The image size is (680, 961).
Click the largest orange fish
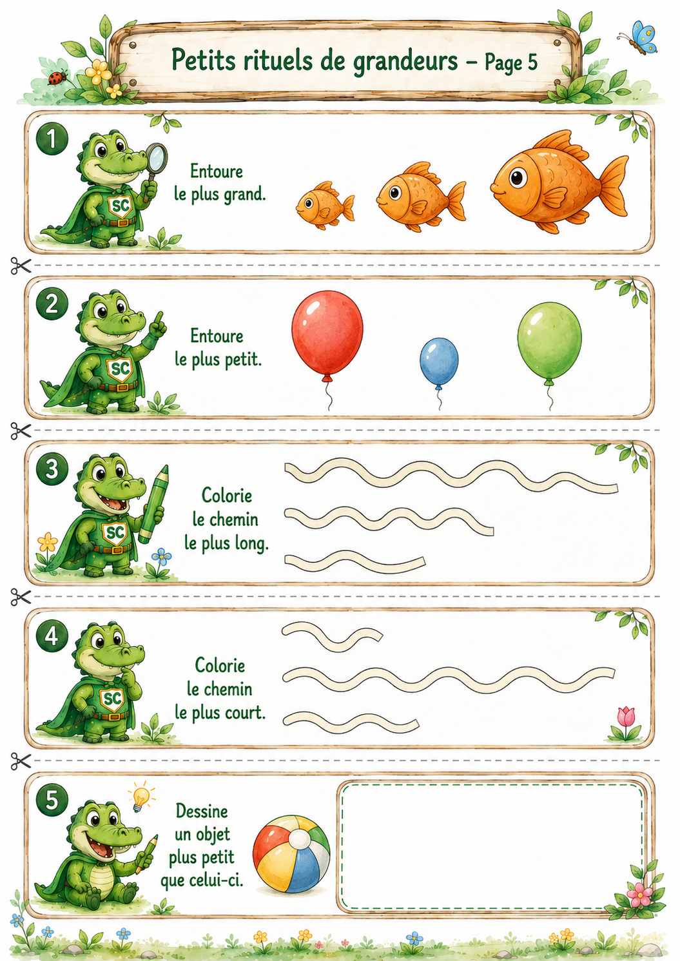click(x=558, y=182)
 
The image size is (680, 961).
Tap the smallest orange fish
click(x=325, y=205)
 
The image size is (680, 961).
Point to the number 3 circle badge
click(x=52, y=469)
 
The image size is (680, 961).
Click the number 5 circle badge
click(x=52, y=800)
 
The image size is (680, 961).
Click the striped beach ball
click(x=291, y=854)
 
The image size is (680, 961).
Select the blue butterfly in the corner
click(x=639, y=37)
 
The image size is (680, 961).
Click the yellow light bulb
click(x=141, y=797)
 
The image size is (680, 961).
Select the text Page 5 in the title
click(x=511, y=63)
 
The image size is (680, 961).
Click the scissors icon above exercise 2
click(x=21, y=266)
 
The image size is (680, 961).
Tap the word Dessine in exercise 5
click(x=202, y=811)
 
